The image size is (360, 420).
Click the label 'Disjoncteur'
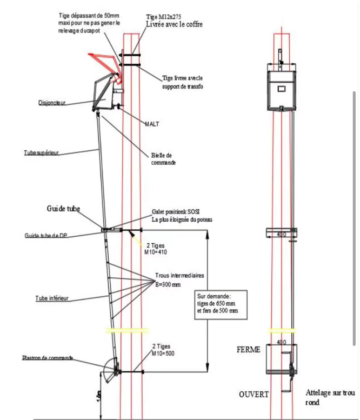52,102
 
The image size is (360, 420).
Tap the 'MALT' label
152,124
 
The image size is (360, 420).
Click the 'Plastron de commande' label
47,358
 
